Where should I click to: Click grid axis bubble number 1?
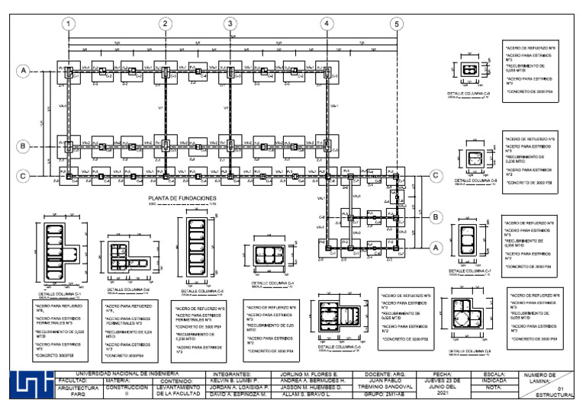coord(69,24)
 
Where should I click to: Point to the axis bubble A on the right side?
coord(436,247)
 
